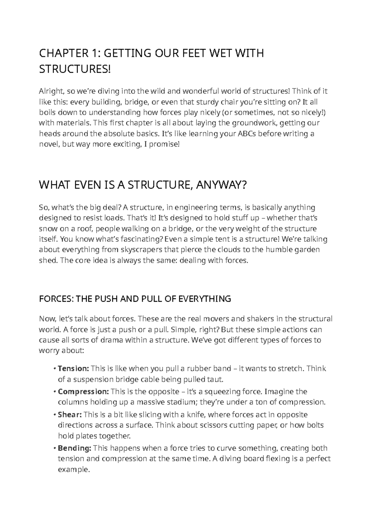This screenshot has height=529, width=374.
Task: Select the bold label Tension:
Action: (x=74, y=369)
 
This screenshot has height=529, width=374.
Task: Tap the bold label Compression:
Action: (x=83, y=391)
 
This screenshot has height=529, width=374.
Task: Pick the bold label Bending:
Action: (x=74, y=448)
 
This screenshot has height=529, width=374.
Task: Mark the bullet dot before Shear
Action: (x=55, y=415)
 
